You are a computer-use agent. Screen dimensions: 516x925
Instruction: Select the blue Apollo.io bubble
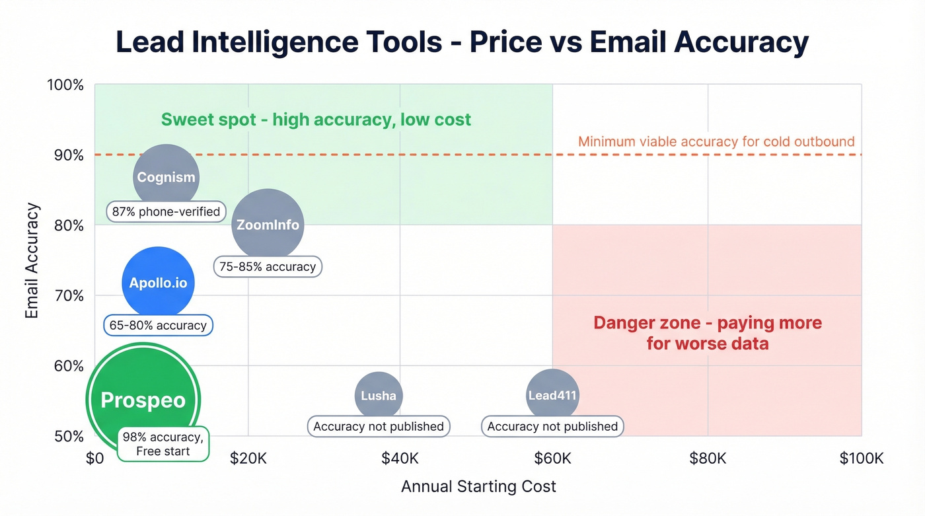pyautogui.click(x=159, y=283)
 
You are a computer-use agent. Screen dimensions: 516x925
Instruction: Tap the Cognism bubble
pyautogui.click(x=165, y=176)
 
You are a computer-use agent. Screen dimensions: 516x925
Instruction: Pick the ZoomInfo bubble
pyautogui.click(x=268, y=225)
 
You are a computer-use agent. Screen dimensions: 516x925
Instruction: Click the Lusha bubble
pyautogui.click(x=379, y=396)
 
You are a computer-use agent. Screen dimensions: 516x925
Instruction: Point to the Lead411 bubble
pyautogui.click(x=552, y=396)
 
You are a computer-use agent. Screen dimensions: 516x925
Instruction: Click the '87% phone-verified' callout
pyautogui.click(x=165, y=212)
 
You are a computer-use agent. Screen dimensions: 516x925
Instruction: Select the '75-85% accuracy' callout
pyautogui.click(x=268, y=267)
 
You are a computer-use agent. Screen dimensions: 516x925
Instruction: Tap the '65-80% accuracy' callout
pyautogui.click(x=159, y=325)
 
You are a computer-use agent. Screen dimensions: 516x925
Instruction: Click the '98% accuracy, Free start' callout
pyautogui.click(x=163, y=444)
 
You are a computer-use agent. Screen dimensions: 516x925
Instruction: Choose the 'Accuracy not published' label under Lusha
pyautogui.click(x=379, y=426)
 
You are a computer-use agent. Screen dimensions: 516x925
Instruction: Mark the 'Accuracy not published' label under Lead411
pyautogui.click(x=552, y=426)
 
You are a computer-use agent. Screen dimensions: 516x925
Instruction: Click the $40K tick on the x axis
pyautogui.click(x=400, y=459)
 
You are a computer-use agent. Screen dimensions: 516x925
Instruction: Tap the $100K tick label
pyautogui.click(x=862, y=459)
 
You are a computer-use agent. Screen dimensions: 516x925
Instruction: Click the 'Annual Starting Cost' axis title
pyautogui.click(x=478, y=487)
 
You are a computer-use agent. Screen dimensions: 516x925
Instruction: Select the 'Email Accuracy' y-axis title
pyautogui.click(x=32, y=261)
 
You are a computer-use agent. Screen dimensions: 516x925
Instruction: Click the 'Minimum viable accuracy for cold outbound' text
pyautogui.click(x=716, y=141)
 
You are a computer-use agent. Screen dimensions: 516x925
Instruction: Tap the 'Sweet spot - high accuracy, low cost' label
pyautogui.click(x=316, y=120)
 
